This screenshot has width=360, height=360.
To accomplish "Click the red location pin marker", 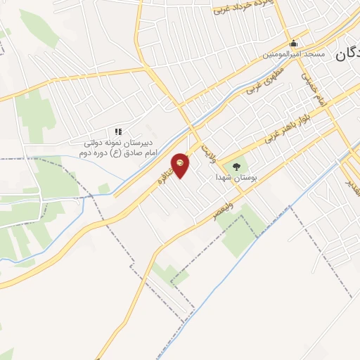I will (181, 166).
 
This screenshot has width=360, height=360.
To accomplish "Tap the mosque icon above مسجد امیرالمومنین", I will (293, 43).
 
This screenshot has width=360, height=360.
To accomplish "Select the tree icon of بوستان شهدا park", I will (236, 167).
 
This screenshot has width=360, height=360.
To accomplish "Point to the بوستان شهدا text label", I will (236, 179).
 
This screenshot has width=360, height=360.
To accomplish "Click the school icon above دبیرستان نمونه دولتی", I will (118, 131).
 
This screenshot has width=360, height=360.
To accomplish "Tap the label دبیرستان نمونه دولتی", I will (117, 143).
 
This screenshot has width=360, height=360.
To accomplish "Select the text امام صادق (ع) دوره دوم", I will (117, 153).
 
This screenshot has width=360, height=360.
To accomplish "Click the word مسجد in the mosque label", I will (314, 54).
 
